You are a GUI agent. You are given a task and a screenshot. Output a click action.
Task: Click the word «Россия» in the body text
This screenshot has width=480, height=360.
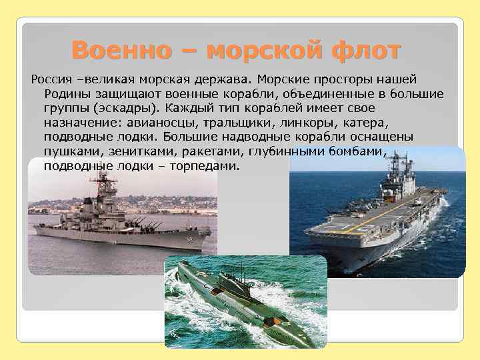point(51,80)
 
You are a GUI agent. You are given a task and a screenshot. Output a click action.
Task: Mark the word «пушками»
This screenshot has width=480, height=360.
point(69,151)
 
